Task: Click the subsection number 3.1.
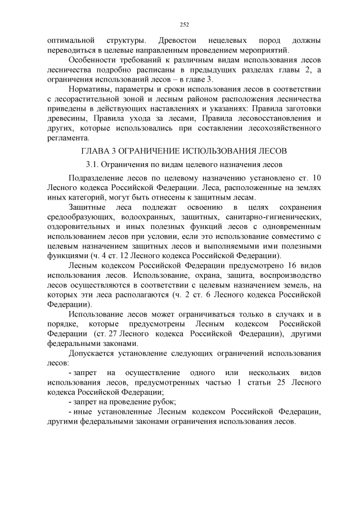pos(93,164)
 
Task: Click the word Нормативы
pos(89,89)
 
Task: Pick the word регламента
pos(68,138)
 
